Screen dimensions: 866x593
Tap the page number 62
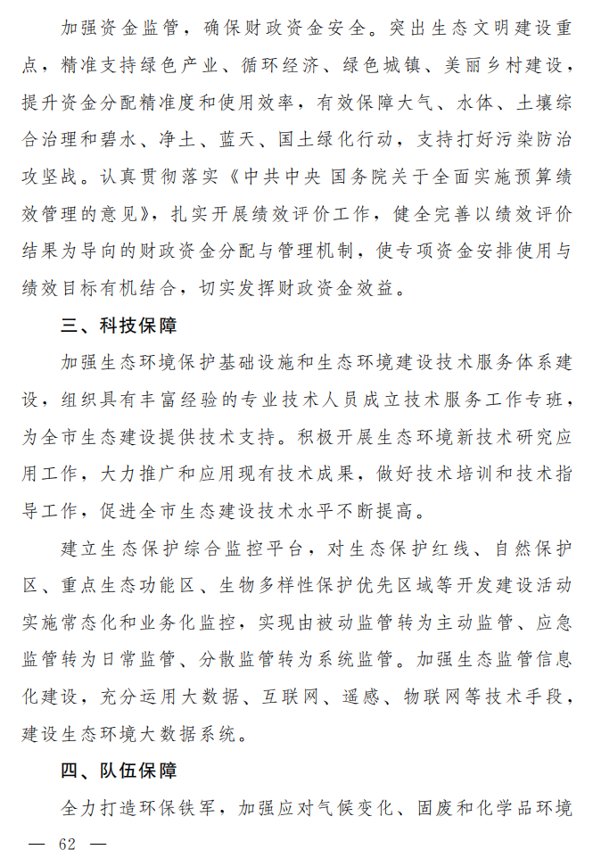click(68, 845)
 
